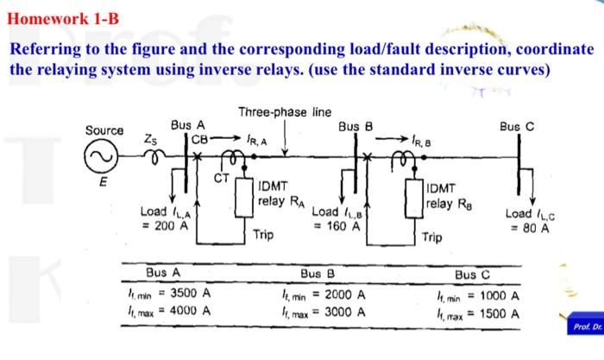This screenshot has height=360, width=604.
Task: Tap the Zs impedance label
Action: click(151, 137)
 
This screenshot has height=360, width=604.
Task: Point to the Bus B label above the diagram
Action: click(355, 126)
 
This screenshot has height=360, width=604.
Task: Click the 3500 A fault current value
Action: click(189, 294)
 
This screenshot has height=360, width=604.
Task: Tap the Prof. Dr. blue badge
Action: click(582, 328)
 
